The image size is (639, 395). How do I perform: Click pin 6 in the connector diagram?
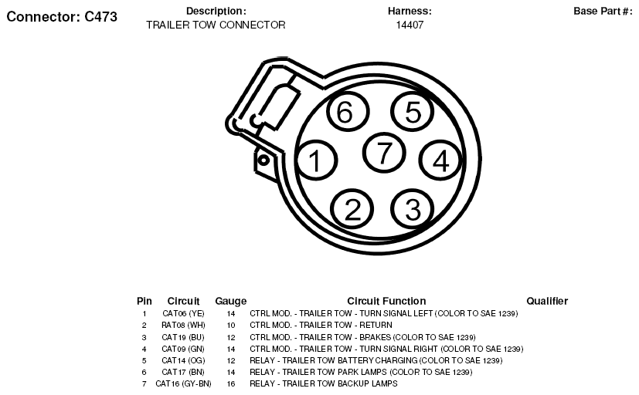348,111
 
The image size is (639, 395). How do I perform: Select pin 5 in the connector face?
412,111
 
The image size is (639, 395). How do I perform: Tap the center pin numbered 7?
384,153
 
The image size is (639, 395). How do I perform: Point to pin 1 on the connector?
316,160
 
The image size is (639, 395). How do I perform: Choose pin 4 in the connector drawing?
440,160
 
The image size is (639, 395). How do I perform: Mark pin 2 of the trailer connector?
352,209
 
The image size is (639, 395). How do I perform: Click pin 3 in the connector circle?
412,209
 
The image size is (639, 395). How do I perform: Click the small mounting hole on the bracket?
263,160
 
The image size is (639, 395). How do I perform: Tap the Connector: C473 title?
62,17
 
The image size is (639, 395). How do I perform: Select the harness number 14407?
410,25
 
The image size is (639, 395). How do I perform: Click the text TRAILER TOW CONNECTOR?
216,25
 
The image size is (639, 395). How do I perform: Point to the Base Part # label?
603,12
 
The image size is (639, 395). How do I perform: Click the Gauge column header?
231,302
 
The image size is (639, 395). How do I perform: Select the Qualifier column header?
547,301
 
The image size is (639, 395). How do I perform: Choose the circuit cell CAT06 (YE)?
183,314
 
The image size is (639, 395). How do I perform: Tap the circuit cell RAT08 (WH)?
183,326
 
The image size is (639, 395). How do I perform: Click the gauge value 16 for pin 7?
231,383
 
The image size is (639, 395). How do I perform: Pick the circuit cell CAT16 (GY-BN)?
183,383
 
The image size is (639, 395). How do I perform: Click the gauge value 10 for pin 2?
231,326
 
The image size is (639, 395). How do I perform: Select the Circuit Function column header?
386,301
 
